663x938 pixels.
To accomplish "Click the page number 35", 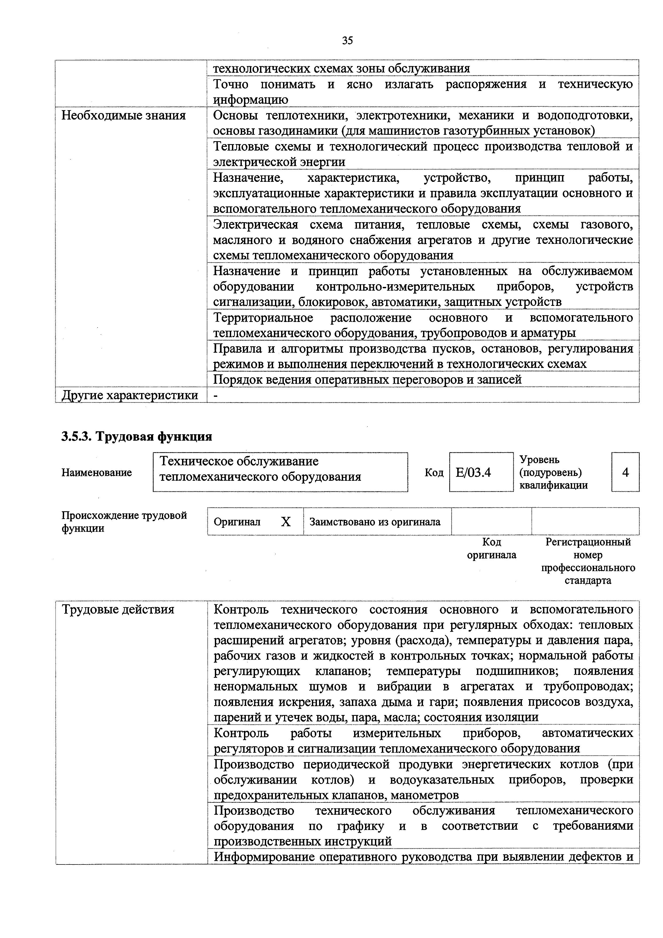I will [x=347, y=40].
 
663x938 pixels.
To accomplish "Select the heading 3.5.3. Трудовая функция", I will [x=137, y=436].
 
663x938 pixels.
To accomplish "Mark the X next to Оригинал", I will [x=286, y=522].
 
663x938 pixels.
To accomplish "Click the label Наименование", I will [x=97, y=473].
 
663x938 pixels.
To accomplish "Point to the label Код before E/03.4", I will [x=434, y=473].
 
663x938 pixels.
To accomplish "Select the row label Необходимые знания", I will [x=123, y=116].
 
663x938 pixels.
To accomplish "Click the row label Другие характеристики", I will [x=130, y=395].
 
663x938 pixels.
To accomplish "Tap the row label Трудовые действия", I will [x=118, y=610].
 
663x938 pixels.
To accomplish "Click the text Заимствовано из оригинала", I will [x=375, y=522].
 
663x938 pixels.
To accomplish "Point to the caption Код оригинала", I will [x=491, y=548].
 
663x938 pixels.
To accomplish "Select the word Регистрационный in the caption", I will [x=588, y=542].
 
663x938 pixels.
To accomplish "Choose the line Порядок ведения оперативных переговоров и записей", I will [x=367, y=379].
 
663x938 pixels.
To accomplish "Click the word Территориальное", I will [x=263, y=318].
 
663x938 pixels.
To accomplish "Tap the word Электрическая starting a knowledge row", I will [x=256, y=225].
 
